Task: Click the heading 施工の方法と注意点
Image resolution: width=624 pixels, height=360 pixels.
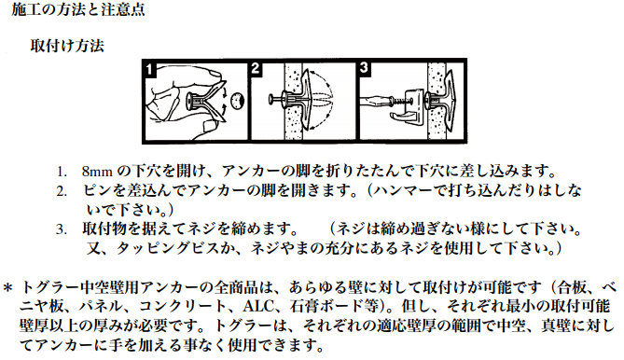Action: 78,9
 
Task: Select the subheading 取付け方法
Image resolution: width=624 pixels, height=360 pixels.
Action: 67,46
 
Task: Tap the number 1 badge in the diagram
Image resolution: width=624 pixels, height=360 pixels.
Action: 149,69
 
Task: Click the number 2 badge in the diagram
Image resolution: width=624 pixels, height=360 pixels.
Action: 256,69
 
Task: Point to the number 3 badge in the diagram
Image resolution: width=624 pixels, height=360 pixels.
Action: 364,68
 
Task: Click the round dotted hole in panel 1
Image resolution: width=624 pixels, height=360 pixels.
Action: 237,101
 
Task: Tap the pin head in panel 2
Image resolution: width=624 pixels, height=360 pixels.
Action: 271,99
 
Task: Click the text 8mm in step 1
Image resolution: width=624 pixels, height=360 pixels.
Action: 97,172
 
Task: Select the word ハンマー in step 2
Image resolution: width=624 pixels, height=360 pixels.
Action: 403,190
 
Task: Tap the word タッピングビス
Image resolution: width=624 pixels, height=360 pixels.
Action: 168,248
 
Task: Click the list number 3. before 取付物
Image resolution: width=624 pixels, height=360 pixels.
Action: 62,229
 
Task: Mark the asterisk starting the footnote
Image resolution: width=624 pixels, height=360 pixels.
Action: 8,287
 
